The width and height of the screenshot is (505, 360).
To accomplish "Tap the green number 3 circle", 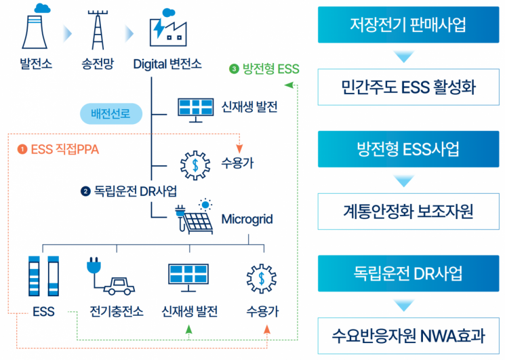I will coord(235,68).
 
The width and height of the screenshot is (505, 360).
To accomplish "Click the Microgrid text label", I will coord(247,220).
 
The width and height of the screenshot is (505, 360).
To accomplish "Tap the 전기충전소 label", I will coord(116,313).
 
